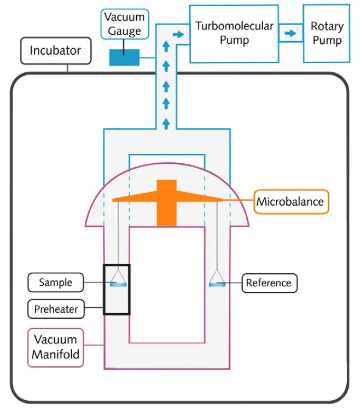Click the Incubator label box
point(55,51)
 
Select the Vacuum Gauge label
point(123,24)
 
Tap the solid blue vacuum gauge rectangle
point(124,57)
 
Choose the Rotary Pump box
point(327,33)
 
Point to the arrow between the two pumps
point(290,33)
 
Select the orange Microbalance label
point(290,202)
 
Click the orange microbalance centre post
point(167,203)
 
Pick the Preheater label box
point(56,309)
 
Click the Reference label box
point(268,283)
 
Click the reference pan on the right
point(218,283)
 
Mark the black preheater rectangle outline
point(104,290)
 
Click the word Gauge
point(123,31)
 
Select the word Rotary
point(327,26)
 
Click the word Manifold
point(55,354)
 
